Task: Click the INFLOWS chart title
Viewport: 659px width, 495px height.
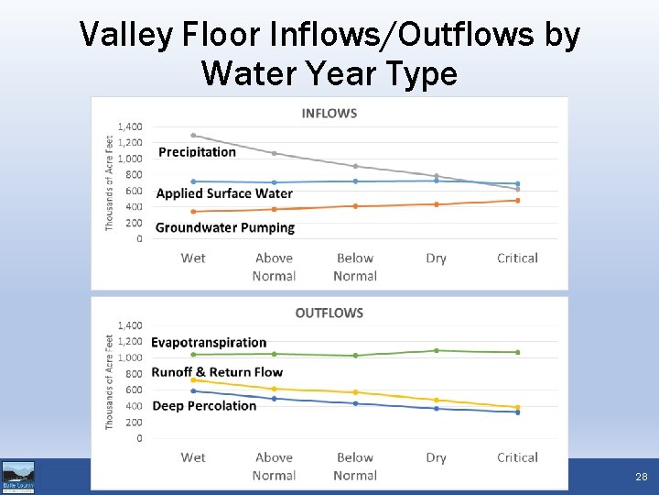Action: coord(329,114)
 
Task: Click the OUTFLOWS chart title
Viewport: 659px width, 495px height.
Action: coord(329,313)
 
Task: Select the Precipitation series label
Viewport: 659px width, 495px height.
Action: coord(197,152)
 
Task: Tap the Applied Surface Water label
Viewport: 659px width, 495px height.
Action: coord(224,193)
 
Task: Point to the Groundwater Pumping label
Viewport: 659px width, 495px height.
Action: coord(225,227)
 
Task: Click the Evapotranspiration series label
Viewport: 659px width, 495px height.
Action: coord(209,343)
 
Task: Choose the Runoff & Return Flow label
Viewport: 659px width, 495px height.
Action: coord(217,372)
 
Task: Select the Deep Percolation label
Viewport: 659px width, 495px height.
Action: coord(204,406)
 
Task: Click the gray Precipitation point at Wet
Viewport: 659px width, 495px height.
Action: coord(193,136)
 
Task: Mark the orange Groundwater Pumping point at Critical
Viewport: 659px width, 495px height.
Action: coord(517,201)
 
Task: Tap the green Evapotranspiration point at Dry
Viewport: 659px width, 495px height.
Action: coord(437,350)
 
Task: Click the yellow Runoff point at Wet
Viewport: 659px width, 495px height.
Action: coord(193,380)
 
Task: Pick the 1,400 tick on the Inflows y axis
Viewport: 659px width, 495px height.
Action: coord(129,126)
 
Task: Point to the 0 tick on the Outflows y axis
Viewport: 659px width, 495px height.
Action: coord(139,438)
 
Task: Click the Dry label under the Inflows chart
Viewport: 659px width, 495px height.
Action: coord(436,258)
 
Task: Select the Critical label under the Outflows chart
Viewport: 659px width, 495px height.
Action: coord(517,457)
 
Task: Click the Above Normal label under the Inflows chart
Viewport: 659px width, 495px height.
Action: coord(274,267)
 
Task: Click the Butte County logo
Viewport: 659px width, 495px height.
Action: coord(18,477)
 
